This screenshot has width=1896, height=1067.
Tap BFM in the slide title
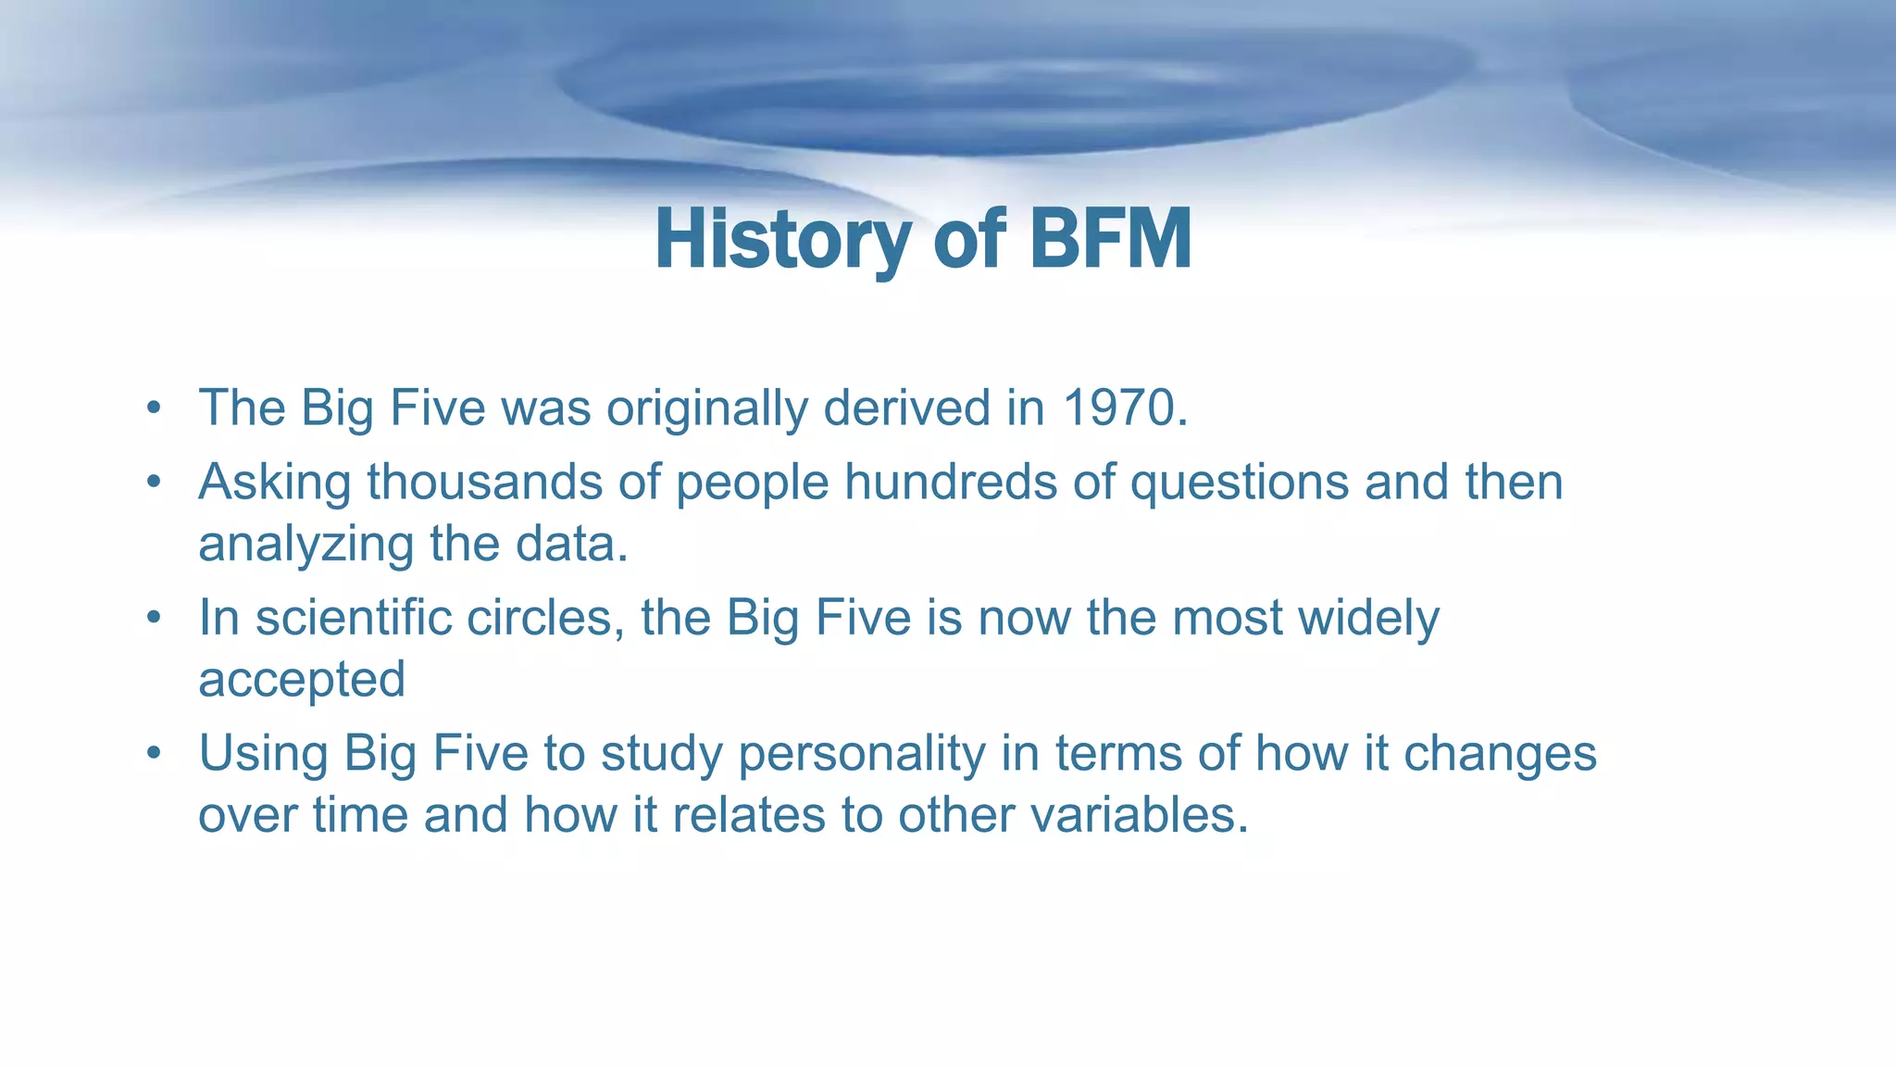(x=1110, y=239)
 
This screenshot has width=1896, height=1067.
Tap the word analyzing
(x=306, y=545)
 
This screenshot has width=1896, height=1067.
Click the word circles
(x=545, y=617)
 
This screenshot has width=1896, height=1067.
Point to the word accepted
(x=302, y=680)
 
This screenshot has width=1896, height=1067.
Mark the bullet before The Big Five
(x=154, y=408)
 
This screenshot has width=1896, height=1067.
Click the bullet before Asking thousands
(x=154, y=483)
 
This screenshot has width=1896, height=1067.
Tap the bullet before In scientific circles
(x=154, y=618)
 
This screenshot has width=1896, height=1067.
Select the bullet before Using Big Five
(x=154, y=753)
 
